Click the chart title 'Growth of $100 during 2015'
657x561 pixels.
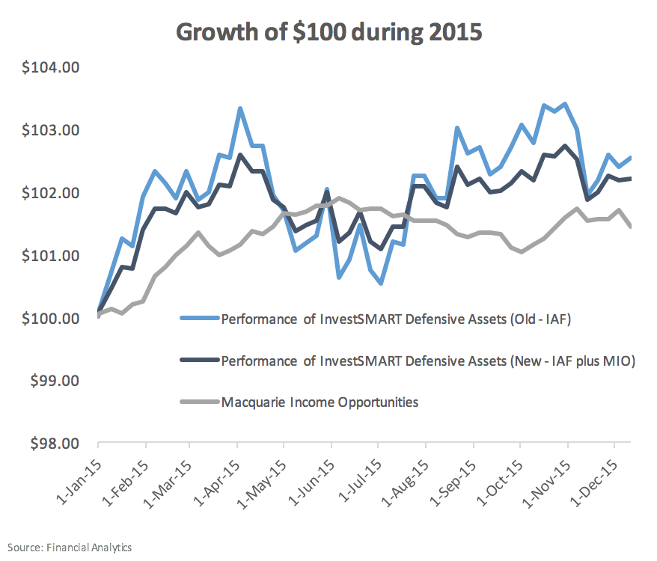pos(328,31)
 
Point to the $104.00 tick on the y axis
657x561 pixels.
pos(52,68)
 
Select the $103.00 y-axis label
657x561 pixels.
pos(52,131)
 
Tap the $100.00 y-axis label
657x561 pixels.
pos(52,319)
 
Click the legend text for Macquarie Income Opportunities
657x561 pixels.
pos(320,402)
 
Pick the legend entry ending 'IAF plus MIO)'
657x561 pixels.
pos(428,361)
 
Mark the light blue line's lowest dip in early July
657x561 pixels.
pos(381,283)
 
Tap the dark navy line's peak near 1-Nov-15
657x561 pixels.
pos(564,146)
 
